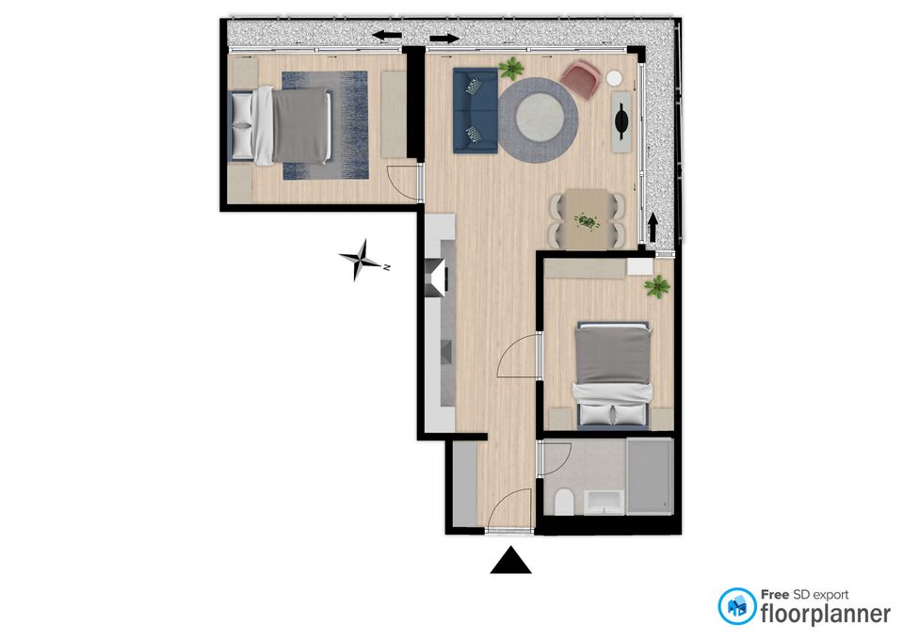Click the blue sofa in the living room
point(475,111)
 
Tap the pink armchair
point(581,79)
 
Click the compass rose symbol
point(362,261)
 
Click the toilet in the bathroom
point(563,503)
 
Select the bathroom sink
point(603,502)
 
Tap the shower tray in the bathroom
point(650,476)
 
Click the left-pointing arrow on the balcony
point(387,35)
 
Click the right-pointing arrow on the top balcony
point(444,39)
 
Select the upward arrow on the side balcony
point(653,227)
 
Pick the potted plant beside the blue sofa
point(511,68)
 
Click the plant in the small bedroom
point(656,286)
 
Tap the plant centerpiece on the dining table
point(587,221)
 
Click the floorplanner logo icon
point(736,606)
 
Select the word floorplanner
point(826,613)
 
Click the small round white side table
point(614,78)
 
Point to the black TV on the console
point(622,121)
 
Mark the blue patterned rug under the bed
point(325,125)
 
